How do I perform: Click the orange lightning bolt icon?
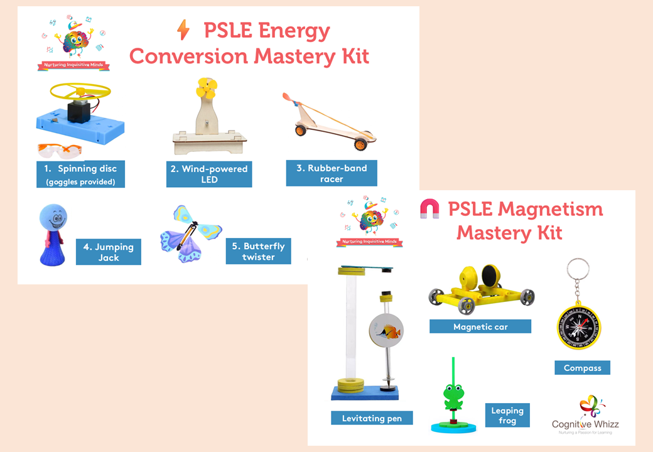tap(183, 30)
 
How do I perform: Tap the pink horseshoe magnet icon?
tap(429, 209)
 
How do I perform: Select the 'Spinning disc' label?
tap(80, 174)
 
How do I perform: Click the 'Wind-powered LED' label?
tap(209, 174)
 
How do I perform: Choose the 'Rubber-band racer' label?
tap(332, 173)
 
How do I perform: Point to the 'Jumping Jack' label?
tap(108, 252)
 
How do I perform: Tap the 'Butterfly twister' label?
tap(258, 251)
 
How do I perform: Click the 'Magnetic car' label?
tap(480, 326)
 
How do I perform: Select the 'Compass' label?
tap(582, 368)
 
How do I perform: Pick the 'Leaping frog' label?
tap(507, 416)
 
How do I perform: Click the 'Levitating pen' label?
tap(372, 418)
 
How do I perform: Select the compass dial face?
tap(579, 327)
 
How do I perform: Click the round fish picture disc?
tap(386, 331)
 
